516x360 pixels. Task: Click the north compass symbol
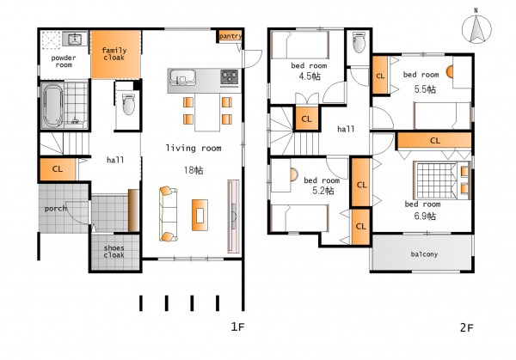pos(476,28)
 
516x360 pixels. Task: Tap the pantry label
pos(230,36)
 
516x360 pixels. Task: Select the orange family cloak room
pos(115,54)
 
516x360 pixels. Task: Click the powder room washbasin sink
pos(74,40)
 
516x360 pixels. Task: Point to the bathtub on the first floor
pos(52,105)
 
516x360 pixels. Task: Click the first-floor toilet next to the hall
pos(128,104)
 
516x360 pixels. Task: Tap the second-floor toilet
pos(359,42)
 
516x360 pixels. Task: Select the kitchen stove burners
pos(229,78)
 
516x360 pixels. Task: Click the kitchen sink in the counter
pos(182,77)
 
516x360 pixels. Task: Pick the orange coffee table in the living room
pos(200,215)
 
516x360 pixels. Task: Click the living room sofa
pos(169,214)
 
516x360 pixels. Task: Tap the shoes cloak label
pos(114,252)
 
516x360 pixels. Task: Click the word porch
pos(55,209)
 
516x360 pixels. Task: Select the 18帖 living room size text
pos(193,170)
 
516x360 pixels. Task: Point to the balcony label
pos(424,254)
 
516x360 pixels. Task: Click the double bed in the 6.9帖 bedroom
pos(442,180)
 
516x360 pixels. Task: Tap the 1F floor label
pos(237,326)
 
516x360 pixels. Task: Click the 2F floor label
pos(467,328)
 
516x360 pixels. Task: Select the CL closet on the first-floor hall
pos(58,169)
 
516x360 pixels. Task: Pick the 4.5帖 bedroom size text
pos(310,76)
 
